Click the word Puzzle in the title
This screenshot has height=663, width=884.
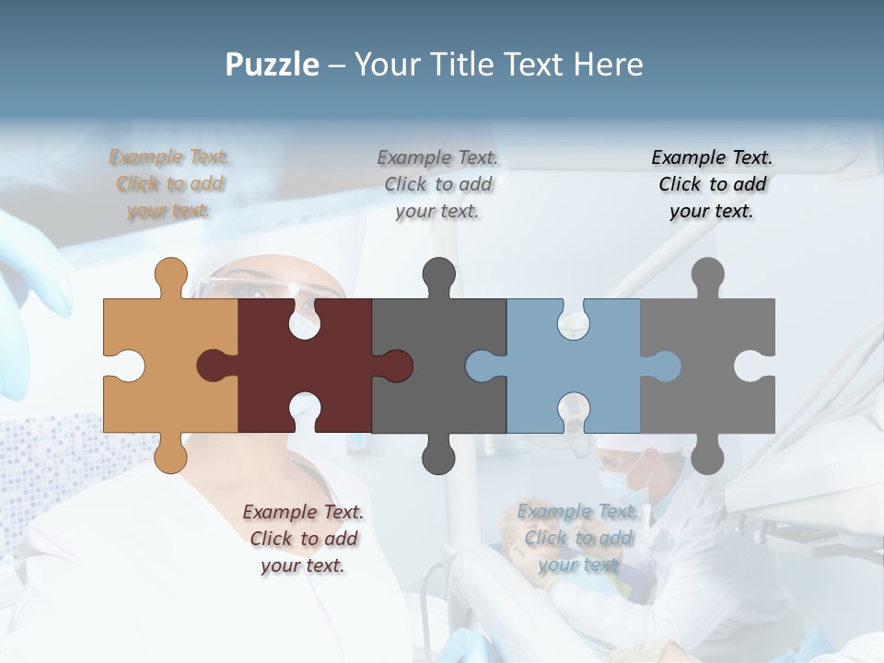click(x=273, y=65)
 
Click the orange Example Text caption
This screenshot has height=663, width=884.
click(x=169, y=184)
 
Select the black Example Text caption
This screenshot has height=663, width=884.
click(x=712, y=184)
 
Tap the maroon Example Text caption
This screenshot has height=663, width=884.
click(x=303, y=539)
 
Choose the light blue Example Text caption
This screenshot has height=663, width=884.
click(x=577, y=538)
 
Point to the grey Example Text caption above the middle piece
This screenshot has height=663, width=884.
click(x=438, y=184)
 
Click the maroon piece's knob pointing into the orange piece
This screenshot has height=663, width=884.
click(x=214, y=366)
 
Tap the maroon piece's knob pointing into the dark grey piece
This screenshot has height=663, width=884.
click(x=396, y=366)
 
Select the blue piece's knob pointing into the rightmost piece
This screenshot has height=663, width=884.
click(x=665, y=366)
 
